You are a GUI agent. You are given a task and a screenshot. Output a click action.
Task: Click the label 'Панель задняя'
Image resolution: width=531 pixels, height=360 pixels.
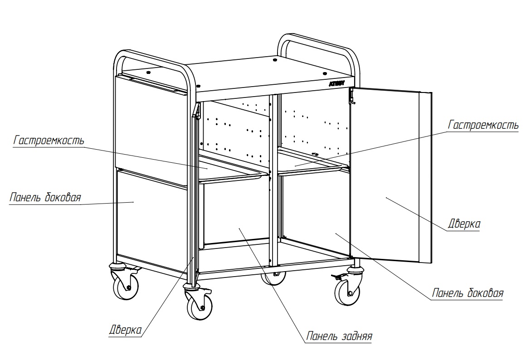click(339, 336)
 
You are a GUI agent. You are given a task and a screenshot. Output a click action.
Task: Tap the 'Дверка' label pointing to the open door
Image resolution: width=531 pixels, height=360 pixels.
click(464, 224)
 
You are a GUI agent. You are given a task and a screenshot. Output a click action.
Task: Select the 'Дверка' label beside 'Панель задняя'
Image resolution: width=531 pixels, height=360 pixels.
click(125, 330)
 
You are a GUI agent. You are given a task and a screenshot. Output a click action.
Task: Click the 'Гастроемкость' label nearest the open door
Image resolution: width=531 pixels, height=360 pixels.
click(483, 125)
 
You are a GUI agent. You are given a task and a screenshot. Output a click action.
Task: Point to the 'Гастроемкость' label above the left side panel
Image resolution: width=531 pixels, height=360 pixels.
click(49, 140)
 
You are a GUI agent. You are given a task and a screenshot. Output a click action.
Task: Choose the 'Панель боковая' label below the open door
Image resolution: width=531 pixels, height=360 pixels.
click(468, 293)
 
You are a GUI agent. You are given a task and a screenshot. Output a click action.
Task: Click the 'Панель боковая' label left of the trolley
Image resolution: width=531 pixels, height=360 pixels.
click(45, 197)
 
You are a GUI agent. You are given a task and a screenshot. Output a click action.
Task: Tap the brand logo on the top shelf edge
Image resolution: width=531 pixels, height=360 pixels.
click(336, 83)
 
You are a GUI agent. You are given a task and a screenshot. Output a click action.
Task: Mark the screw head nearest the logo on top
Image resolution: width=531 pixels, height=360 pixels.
click(325, 73)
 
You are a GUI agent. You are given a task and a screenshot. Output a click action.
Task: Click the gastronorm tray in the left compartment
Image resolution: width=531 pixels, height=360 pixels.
click(234, 169)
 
